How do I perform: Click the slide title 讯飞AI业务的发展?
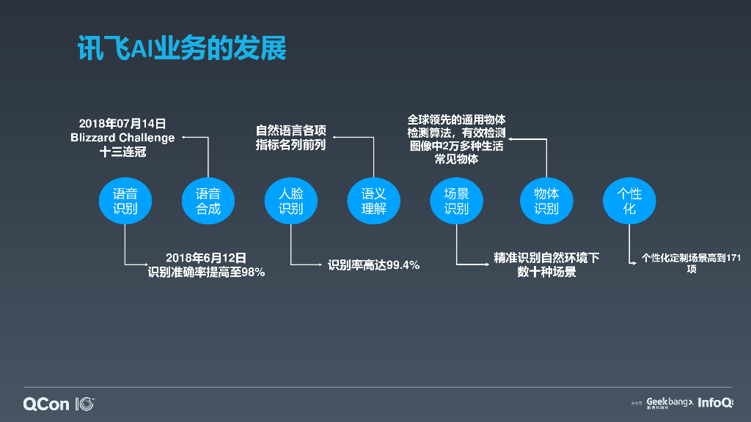click(x=181, y=48)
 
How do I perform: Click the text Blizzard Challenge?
click(x=122, y=138)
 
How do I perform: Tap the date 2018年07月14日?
click(x=122, y=123)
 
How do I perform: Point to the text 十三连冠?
click(x=122, y=152)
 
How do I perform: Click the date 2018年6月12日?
click(x=206, y=258)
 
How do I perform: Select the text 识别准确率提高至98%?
click(x=206, y=273)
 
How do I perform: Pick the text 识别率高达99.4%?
click(x=373, y=265)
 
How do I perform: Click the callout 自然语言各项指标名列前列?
click(x=290, y=138)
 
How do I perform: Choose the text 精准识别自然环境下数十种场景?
click(x=546, y=265)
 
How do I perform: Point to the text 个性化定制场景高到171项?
click(x=692, y=264)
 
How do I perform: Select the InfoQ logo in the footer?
click(x=715, y=402)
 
